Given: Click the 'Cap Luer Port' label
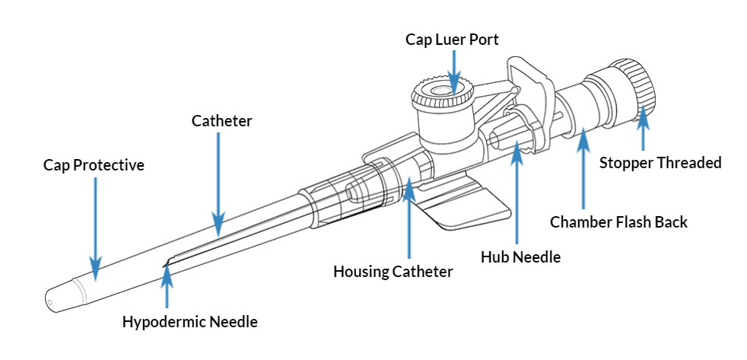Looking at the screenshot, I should tap(452, 38).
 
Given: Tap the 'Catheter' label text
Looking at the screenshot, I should tap(221, 120).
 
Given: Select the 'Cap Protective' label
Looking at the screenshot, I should tap(94, 164).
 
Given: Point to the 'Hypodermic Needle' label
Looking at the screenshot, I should tap(190, 321).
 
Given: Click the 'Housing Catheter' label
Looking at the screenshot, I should tap(393, 271).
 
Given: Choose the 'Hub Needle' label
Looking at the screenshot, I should tap(520, 256).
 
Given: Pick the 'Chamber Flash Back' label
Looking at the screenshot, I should tap(618, 222).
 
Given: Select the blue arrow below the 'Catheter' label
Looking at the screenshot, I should tap(219, 183).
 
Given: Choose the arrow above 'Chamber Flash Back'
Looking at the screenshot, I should tap(583, 167).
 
